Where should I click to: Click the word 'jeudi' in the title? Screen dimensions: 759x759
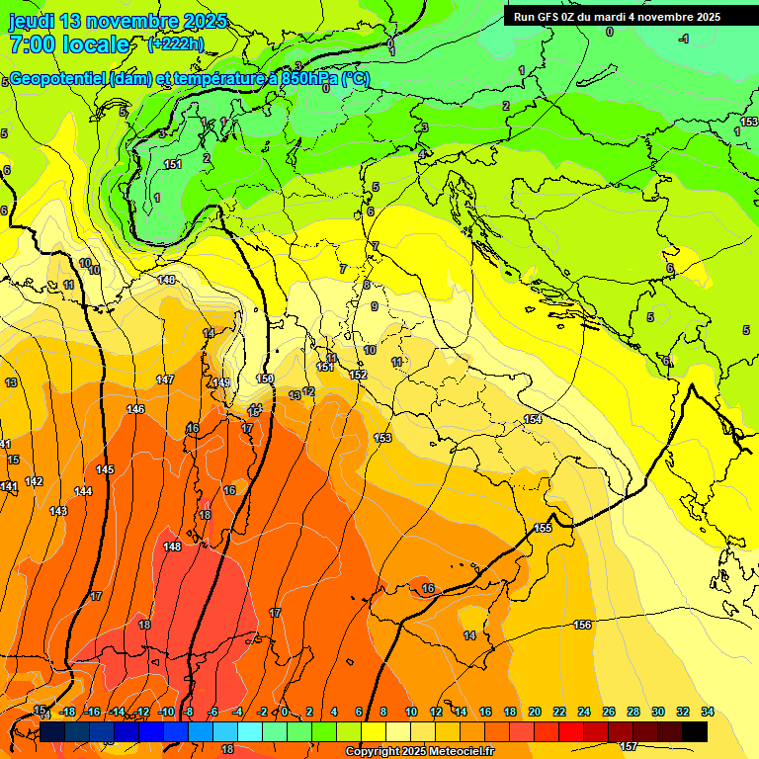(x=31, y=21)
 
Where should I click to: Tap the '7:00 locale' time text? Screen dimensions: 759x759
(x=69, y=44)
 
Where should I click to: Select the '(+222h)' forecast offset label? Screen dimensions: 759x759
(x=176, y=44)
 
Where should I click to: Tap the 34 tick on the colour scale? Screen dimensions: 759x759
(x=707, y=712)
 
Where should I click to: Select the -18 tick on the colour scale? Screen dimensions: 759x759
(x=67, y=712)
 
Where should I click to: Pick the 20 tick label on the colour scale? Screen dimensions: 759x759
(x=535, y=712)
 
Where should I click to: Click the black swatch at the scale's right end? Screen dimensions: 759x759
(x=695, y=731)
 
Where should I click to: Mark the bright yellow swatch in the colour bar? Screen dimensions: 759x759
(x=374, y=731)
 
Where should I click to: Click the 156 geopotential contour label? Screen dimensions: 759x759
(x=582, y=625)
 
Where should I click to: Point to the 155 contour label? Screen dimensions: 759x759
(x=543, y=529)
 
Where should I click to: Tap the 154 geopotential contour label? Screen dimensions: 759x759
(x=533, y=420)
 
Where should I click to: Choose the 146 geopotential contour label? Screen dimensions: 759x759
(x=135, y=409)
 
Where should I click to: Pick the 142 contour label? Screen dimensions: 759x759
(x=34, y=481)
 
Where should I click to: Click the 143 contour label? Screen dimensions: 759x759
(x=58, y=511)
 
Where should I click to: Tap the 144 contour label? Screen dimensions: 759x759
(x=83, y=491)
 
